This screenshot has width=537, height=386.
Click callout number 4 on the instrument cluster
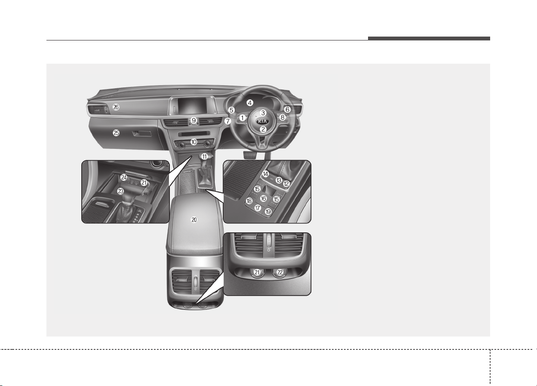[x=250, y=103]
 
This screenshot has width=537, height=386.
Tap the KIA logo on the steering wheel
[x=263, y=121]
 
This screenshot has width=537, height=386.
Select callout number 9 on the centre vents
[x=194, y=120]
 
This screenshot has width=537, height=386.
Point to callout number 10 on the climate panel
[x=194, y=142]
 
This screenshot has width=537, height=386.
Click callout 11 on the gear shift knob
[x=204, y=157]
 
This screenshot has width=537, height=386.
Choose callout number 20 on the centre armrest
[x=194, y=220]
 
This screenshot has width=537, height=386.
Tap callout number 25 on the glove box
[x=116, y=133]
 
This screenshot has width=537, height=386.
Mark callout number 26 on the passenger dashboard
[x=116, y=107]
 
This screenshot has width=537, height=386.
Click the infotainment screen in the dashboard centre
[x=192, y=106]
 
